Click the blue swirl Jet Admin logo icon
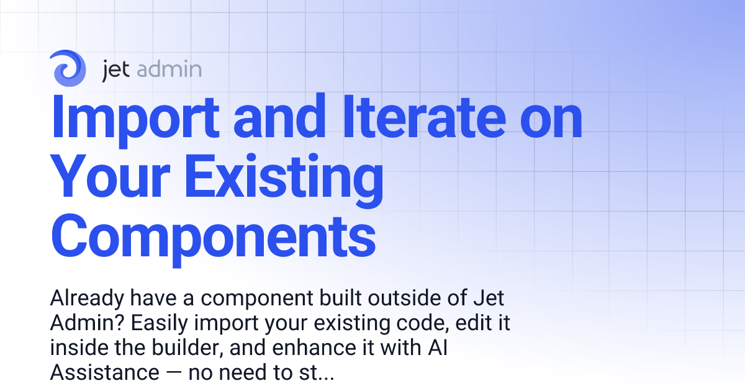(x=69, y=68)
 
